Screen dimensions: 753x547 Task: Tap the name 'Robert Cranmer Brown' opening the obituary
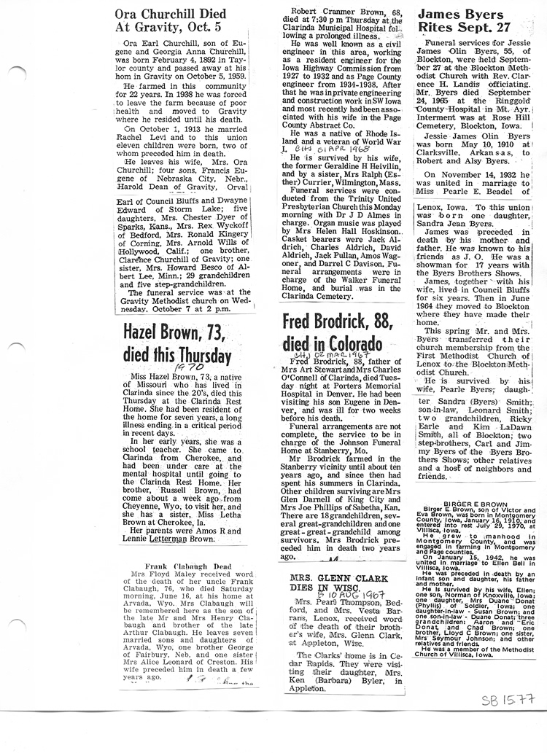click(330, 11)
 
